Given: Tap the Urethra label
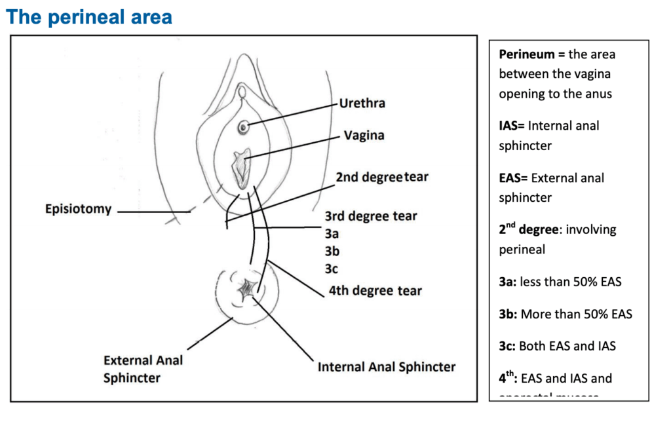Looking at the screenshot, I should tap(362, 104).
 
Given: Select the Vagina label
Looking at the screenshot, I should tap(364, 136).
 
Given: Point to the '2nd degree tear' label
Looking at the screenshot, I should tap(382, 178).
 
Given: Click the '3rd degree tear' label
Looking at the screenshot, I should tap(371, 216).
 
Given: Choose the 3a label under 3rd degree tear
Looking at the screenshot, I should tap(332, 233).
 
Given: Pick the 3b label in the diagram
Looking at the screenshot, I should tap(332, 251).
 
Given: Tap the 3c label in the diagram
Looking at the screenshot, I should tap(332, 269).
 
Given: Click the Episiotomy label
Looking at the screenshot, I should tap(78, 210).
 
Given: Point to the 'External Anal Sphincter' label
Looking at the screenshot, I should tap(143, 369).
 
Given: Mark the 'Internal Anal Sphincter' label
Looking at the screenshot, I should tap(387, 367).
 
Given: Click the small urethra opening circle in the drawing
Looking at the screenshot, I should tap(243, 128).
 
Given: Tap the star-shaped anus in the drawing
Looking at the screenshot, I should tap(249, 289).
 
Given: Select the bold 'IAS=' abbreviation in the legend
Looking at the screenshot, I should tap(512, 126).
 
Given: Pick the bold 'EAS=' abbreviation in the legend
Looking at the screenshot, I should tap(514, 178).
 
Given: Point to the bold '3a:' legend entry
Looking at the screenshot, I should tap(507, 282).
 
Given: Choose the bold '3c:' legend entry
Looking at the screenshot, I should tap(507, 346).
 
